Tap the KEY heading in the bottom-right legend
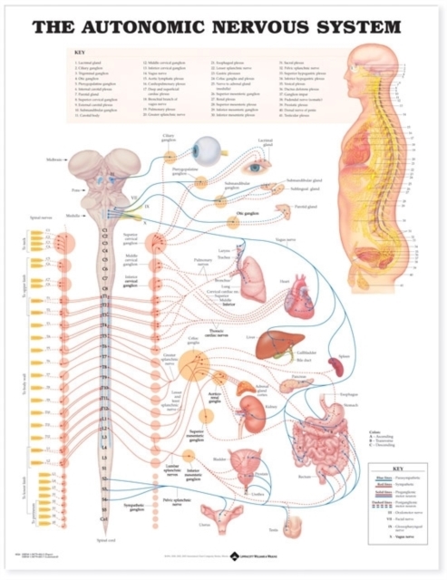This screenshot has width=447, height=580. [391, 459]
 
